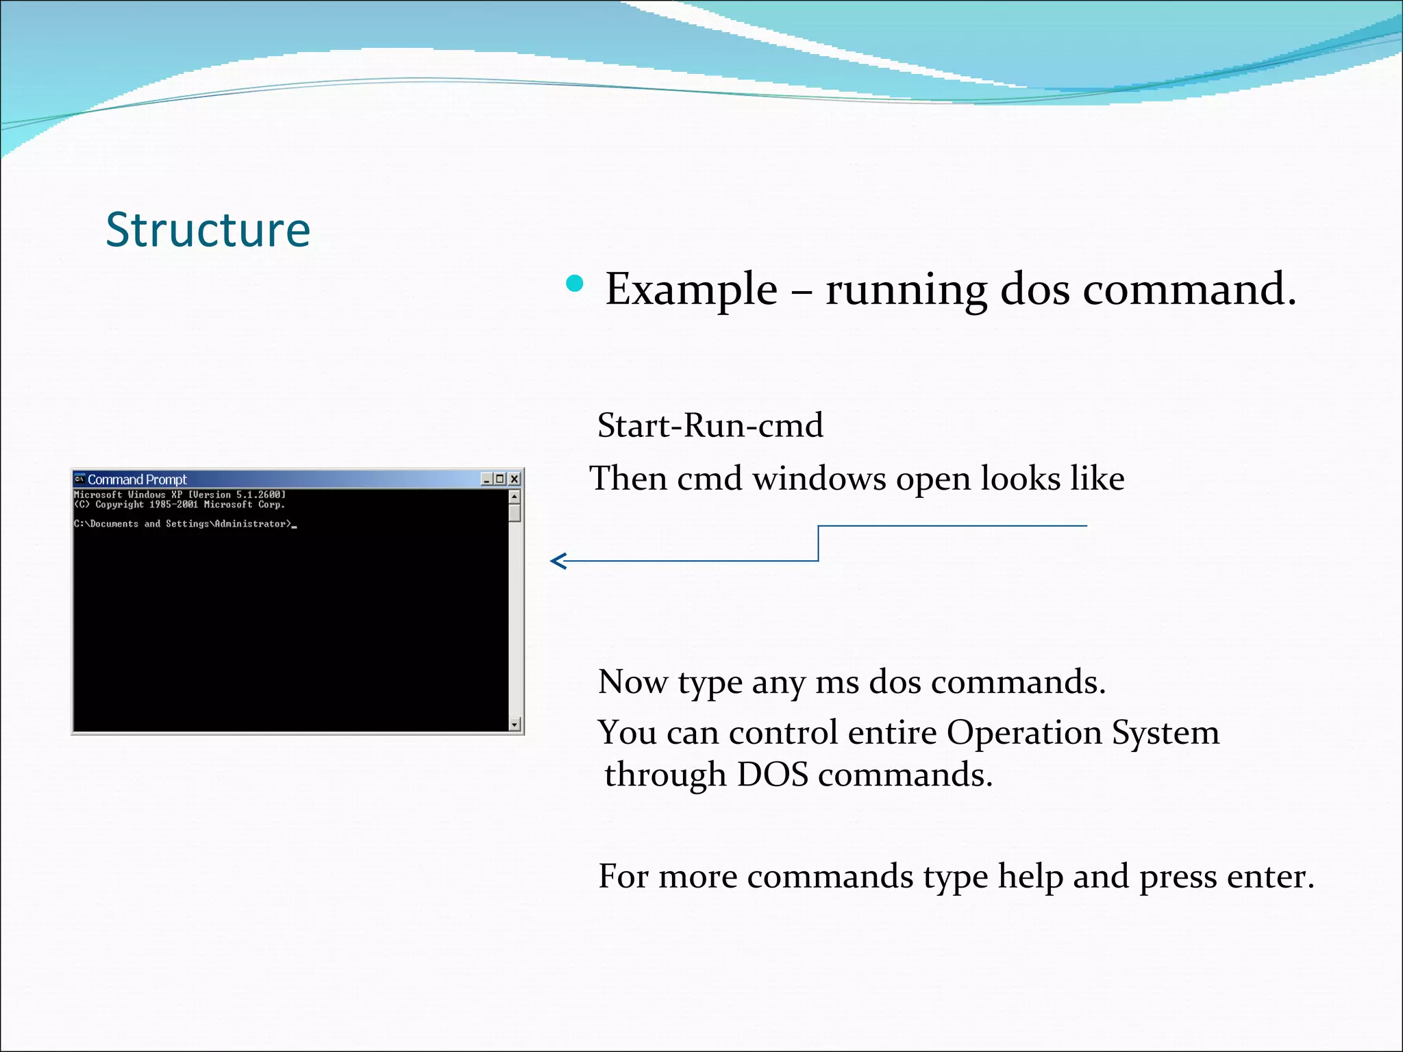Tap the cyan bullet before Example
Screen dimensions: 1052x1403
click(575, 284)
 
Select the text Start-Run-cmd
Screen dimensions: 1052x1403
click(710, 425)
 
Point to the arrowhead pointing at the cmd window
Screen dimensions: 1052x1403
click(556, 561)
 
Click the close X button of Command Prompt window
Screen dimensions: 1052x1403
click(514, 479)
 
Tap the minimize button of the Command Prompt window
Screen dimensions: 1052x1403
click(486, 479)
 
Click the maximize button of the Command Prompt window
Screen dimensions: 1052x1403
click(500, 479)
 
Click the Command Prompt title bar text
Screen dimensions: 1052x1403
click(137, 479)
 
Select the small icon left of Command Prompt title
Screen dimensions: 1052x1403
click(79, 479)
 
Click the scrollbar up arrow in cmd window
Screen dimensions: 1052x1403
click(515, 494)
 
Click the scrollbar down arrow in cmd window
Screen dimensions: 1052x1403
click(515, 724)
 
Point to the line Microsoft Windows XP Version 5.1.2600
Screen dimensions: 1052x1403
click(179, 494)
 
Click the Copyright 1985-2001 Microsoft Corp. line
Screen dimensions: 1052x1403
click(179, 505)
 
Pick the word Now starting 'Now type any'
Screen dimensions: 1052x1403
click(632, 682)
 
